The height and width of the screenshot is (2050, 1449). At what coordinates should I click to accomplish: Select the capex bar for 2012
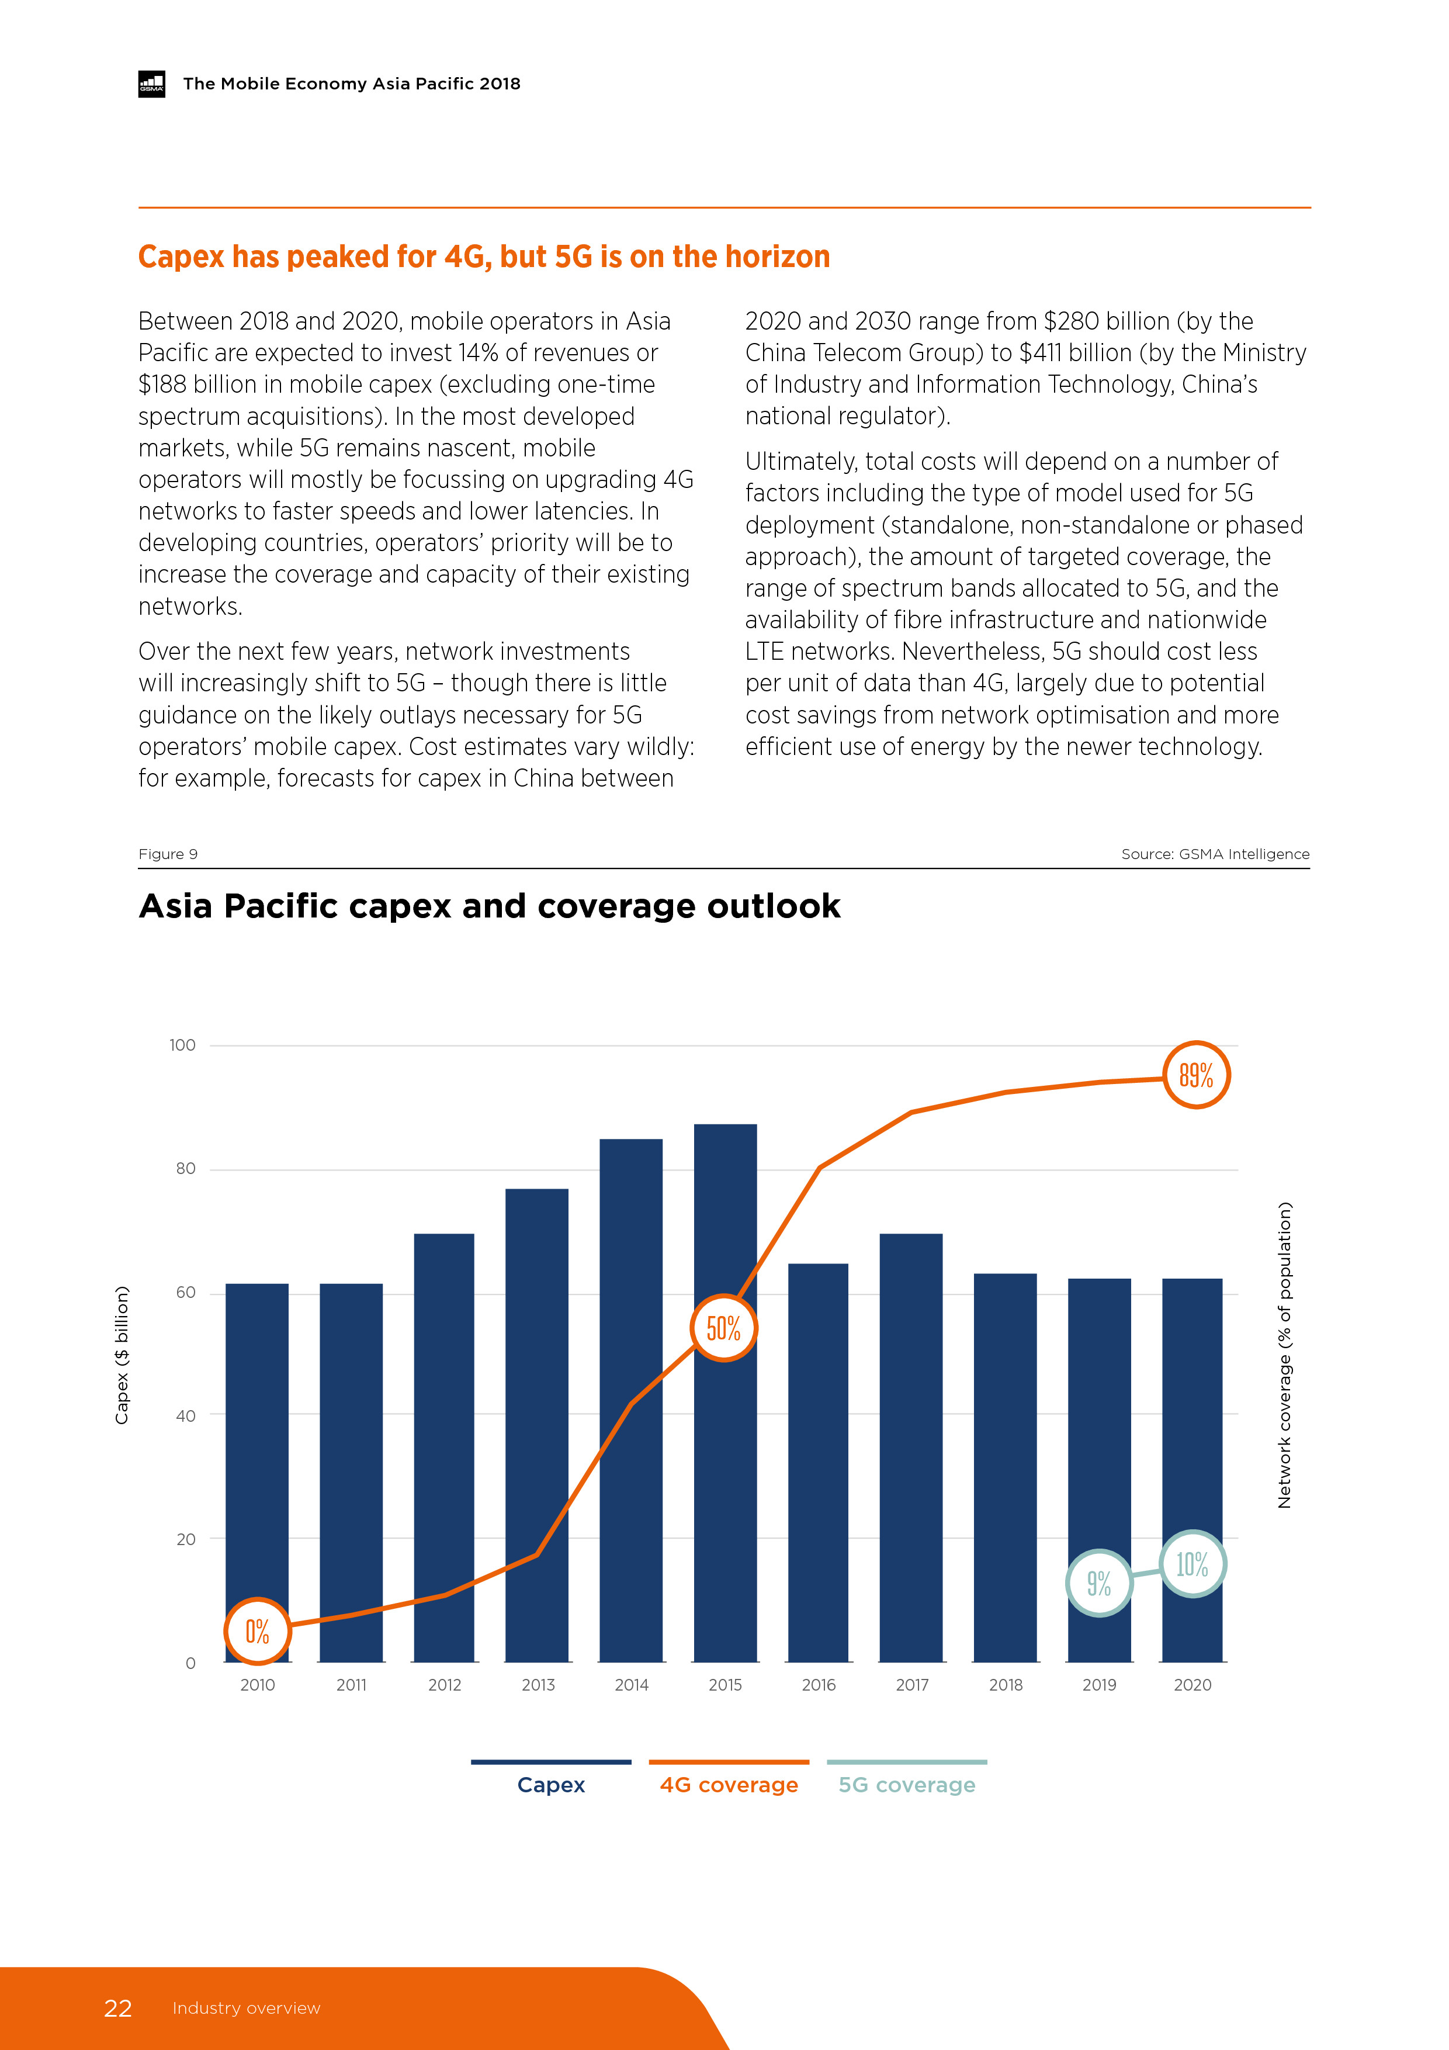pos(443,1446)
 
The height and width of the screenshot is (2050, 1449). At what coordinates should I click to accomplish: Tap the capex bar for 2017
pos(911,1446)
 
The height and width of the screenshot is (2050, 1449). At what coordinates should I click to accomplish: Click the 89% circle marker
pos(1197,1075)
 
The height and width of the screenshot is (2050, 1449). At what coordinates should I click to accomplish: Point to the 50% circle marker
pos(724,1328)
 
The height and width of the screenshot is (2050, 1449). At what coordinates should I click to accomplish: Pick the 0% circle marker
pos(257,1631)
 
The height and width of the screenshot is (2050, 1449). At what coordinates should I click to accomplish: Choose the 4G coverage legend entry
pos(729,1784)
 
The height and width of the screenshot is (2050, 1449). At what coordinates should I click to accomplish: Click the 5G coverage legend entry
pos(906,1784)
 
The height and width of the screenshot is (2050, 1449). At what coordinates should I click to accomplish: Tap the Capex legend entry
pos(551,1784)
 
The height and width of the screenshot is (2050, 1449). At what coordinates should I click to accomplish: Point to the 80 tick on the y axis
pos(186,1169)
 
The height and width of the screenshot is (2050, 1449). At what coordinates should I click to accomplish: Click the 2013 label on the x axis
pos(538,1685)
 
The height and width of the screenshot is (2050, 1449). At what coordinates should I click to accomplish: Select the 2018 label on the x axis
pos(1006,1685)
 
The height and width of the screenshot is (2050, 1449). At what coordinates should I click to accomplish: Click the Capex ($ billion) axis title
pos(122,1355)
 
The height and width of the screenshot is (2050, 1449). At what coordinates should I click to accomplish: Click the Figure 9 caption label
pos(168,854)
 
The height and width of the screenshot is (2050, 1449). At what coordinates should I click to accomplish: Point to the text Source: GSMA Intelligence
pos(1215,854)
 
